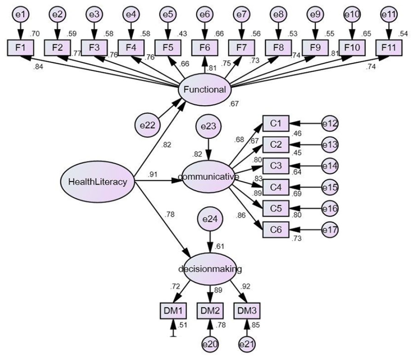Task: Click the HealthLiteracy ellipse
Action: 97,181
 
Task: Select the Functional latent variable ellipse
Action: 205,89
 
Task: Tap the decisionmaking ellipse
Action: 210,269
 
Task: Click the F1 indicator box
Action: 20,48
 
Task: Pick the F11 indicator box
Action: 389,48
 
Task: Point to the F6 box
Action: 205,48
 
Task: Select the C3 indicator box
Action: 276,166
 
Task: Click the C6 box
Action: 276,230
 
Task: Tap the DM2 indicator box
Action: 210,311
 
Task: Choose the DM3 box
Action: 247,311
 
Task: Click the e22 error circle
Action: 148,125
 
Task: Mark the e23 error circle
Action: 208,126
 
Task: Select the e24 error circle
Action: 210,219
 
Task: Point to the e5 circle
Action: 168,14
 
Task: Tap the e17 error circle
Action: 330,230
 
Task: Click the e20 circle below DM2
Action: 210,344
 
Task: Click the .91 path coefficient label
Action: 153,174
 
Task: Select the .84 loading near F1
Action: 38,67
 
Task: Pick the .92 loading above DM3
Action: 245,286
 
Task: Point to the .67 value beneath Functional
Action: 233,104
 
